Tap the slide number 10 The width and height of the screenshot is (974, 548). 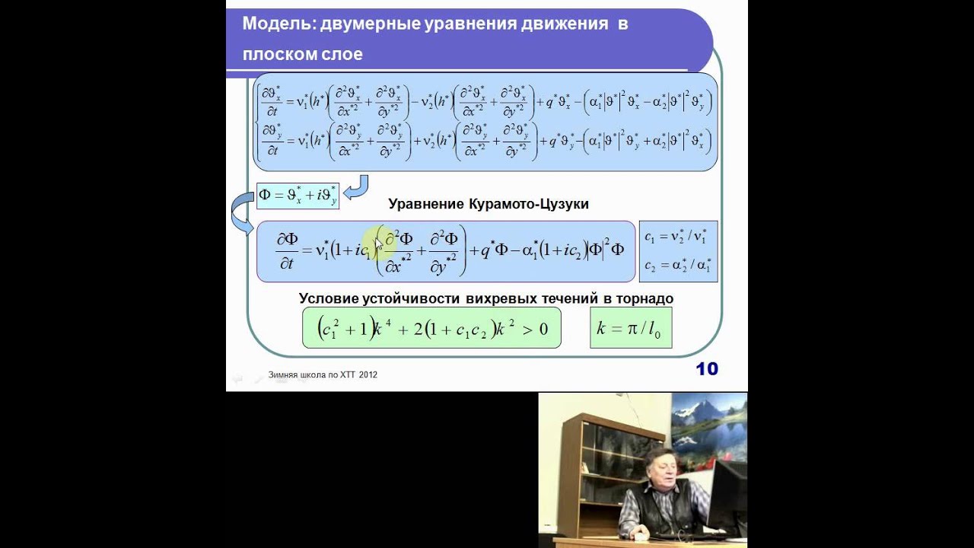point(706,369)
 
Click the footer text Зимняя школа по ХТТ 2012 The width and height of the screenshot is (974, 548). point(323,374)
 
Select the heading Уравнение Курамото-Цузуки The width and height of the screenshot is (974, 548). point(488,204)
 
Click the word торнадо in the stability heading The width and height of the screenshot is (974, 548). point(644,298)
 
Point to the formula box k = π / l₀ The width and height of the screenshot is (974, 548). point(631,328)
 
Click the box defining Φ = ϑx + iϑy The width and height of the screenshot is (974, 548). point(298,195)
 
